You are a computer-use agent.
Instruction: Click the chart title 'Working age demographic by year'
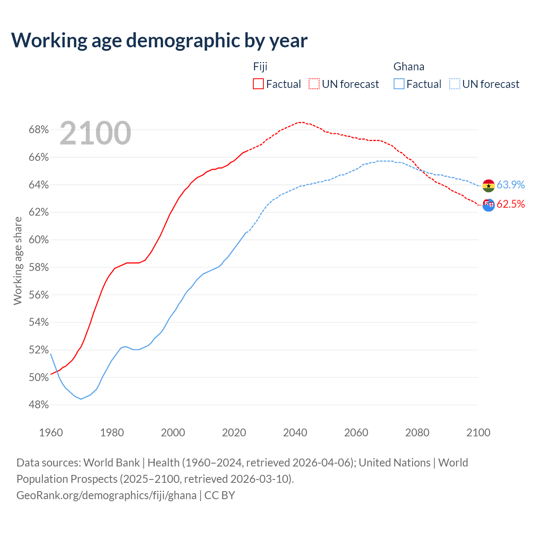(x=159, y=40)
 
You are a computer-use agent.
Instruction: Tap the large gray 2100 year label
(x=95, y=133)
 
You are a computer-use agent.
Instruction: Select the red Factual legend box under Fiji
(x=258, y=84)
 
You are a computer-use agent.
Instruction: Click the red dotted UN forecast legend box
(x=314, y=84)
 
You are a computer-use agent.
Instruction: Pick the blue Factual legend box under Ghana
(x=399, y=84)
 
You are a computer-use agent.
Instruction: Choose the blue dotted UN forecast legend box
(x=455, y=84)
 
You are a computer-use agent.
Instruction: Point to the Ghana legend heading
(x=409, y=67)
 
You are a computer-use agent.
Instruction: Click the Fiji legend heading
(x=260, y=67)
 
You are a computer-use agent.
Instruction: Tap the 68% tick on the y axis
(x=39, y=130)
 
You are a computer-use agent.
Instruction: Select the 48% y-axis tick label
(x=39, y=405)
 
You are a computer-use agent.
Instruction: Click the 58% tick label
(x=39, y=268)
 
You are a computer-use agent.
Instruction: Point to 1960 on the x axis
(x=51, y=433)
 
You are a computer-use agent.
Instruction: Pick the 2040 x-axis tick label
(x=295, y=433)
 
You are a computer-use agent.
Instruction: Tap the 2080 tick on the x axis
(x=417, y=433)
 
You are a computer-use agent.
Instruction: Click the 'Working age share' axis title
(x=18, y=260)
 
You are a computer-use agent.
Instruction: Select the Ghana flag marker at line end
(x=488, y=186)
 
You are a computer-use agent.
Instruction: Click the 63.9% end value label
(x=511, y=185)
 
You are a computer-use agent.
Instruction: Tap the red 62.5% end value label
(x=511, y=204)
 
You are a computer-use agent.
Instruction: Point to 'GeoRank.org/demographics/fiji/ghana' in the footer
(x=106, y=495)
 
